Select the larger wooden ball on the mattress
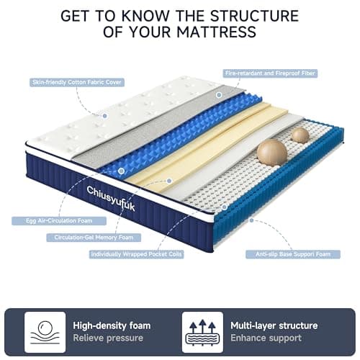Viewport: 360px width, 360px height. point(272,153)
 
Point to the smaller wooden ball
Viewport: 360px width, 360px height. point(300,135)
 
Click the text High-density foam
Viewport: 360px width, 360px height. point(112,325)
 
